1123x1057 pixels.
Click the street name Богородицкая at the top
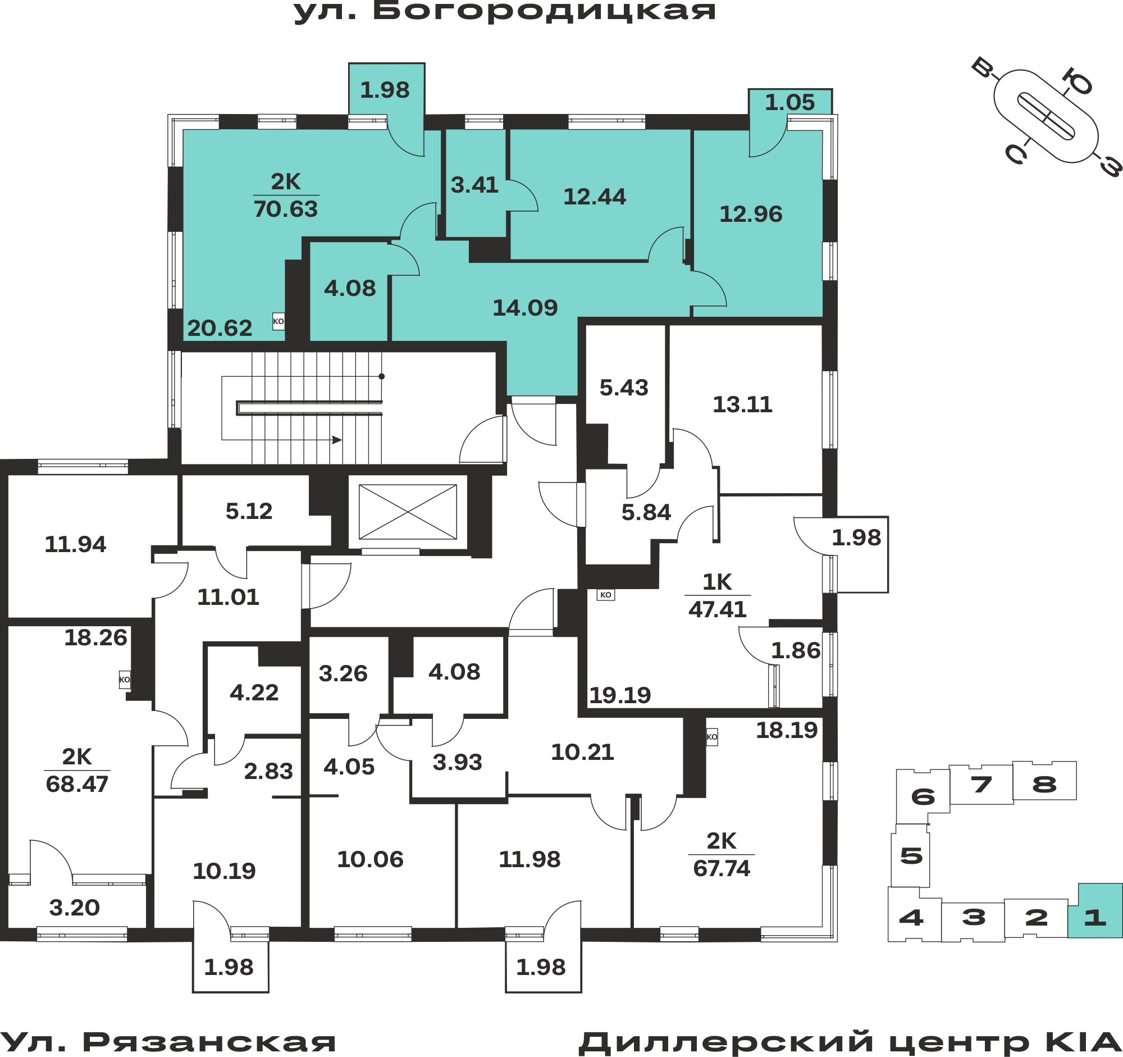tap(544, 11)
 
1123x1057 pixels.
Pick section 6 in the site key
tap(923, 796)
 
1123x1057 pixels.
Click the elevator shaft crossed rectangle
tap(408, 512)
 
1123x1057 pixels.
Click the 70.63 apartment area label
tap(286, 209)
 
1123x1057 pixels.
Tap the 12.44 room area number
tap(595, 197)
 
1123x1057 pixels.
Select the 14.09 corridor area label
tap(526, 308)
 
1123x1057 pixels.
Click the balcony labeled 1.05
tap(790, 102)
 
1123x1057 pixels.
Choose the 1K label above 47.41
tap(717, 582)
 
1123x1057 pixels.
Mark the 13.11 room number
tap(742, 404)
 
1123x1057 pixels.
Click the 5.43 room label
tap(624, 388)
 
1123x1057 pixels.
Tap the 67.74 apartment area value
tap(722, 868)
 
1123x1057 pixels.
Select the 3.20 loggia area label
tap(75, 908)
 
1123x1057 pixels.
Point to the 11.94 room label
tap(75, 544)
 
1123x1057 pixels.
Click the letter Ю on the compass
tap(1077, 81)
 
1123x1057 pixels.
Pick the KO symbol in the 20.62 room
tap(279, 321)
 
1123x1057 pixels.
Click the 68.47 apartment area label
tap(77, 784)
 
